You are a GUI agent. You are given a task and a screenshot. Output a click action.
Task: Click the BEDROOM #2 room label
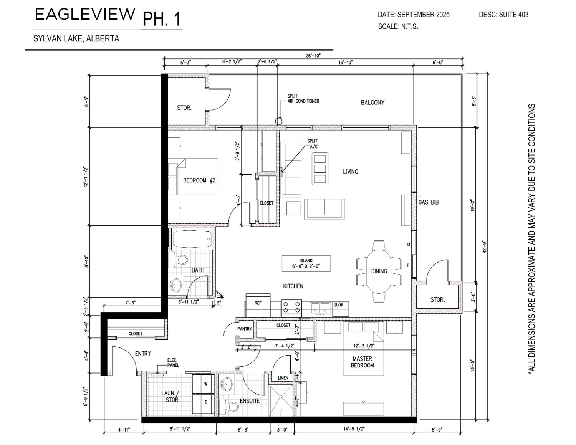[199, 180]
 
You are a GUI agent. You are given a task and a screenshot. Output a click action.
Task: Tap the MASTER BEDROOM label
[362, 362]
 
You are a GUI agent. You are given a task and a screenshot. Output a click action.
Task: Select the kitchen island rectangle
[306, 263]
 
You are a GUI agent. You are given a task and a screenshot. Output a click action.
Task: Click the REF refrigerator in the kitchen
[258, 305]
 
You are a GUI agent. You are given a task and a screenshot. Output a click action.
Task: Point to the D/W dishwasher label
[339, 305]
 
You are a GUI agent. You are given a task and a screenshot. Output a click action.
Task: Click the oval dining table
[379, 271]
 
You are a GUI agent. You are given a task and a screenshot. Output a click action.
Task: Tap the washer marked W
[203, 384]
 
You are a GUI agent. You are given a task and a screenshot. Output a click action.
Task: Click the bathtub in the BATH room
[192, 239]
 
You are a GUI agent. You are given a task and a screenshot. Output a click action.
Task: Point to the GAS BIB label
[429, 202]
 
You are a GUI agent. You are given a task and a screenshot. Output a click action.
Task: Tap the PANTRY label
[244, 329]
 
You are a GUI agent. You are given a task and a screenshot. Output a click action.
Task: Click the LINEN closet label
[283, 378]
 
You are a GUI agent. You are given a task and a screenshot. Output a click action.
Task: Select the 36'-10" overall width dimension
[313, 55]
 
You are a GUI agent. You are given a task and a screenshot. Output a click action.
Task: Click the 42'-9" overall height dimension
[485, 247]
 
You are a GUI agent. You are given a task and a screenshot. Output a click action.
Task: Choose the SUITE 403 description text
[514, 15]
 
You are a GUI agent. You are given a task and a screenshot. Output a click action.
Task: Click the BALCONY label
[372, 103]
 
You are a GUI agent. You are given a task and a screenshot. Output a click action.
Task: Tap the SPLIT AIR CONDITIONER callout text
[303, 98]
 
